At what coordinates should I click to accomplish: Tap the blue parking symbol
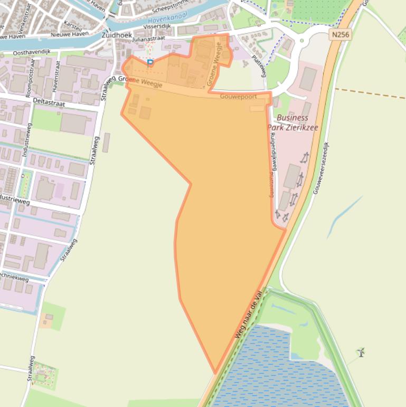click(150, 63)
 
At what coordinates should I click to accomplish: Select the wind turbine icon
click(361, 352)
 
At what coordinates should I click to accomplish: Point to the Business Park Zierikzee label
click(292, 122)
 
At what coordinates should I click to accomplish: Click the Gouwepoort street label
click(238, 97)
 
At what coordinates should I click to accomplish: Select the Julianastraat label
click(149, 38)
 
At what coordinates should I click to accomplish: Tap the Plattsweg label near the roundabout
click(259, 66)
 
